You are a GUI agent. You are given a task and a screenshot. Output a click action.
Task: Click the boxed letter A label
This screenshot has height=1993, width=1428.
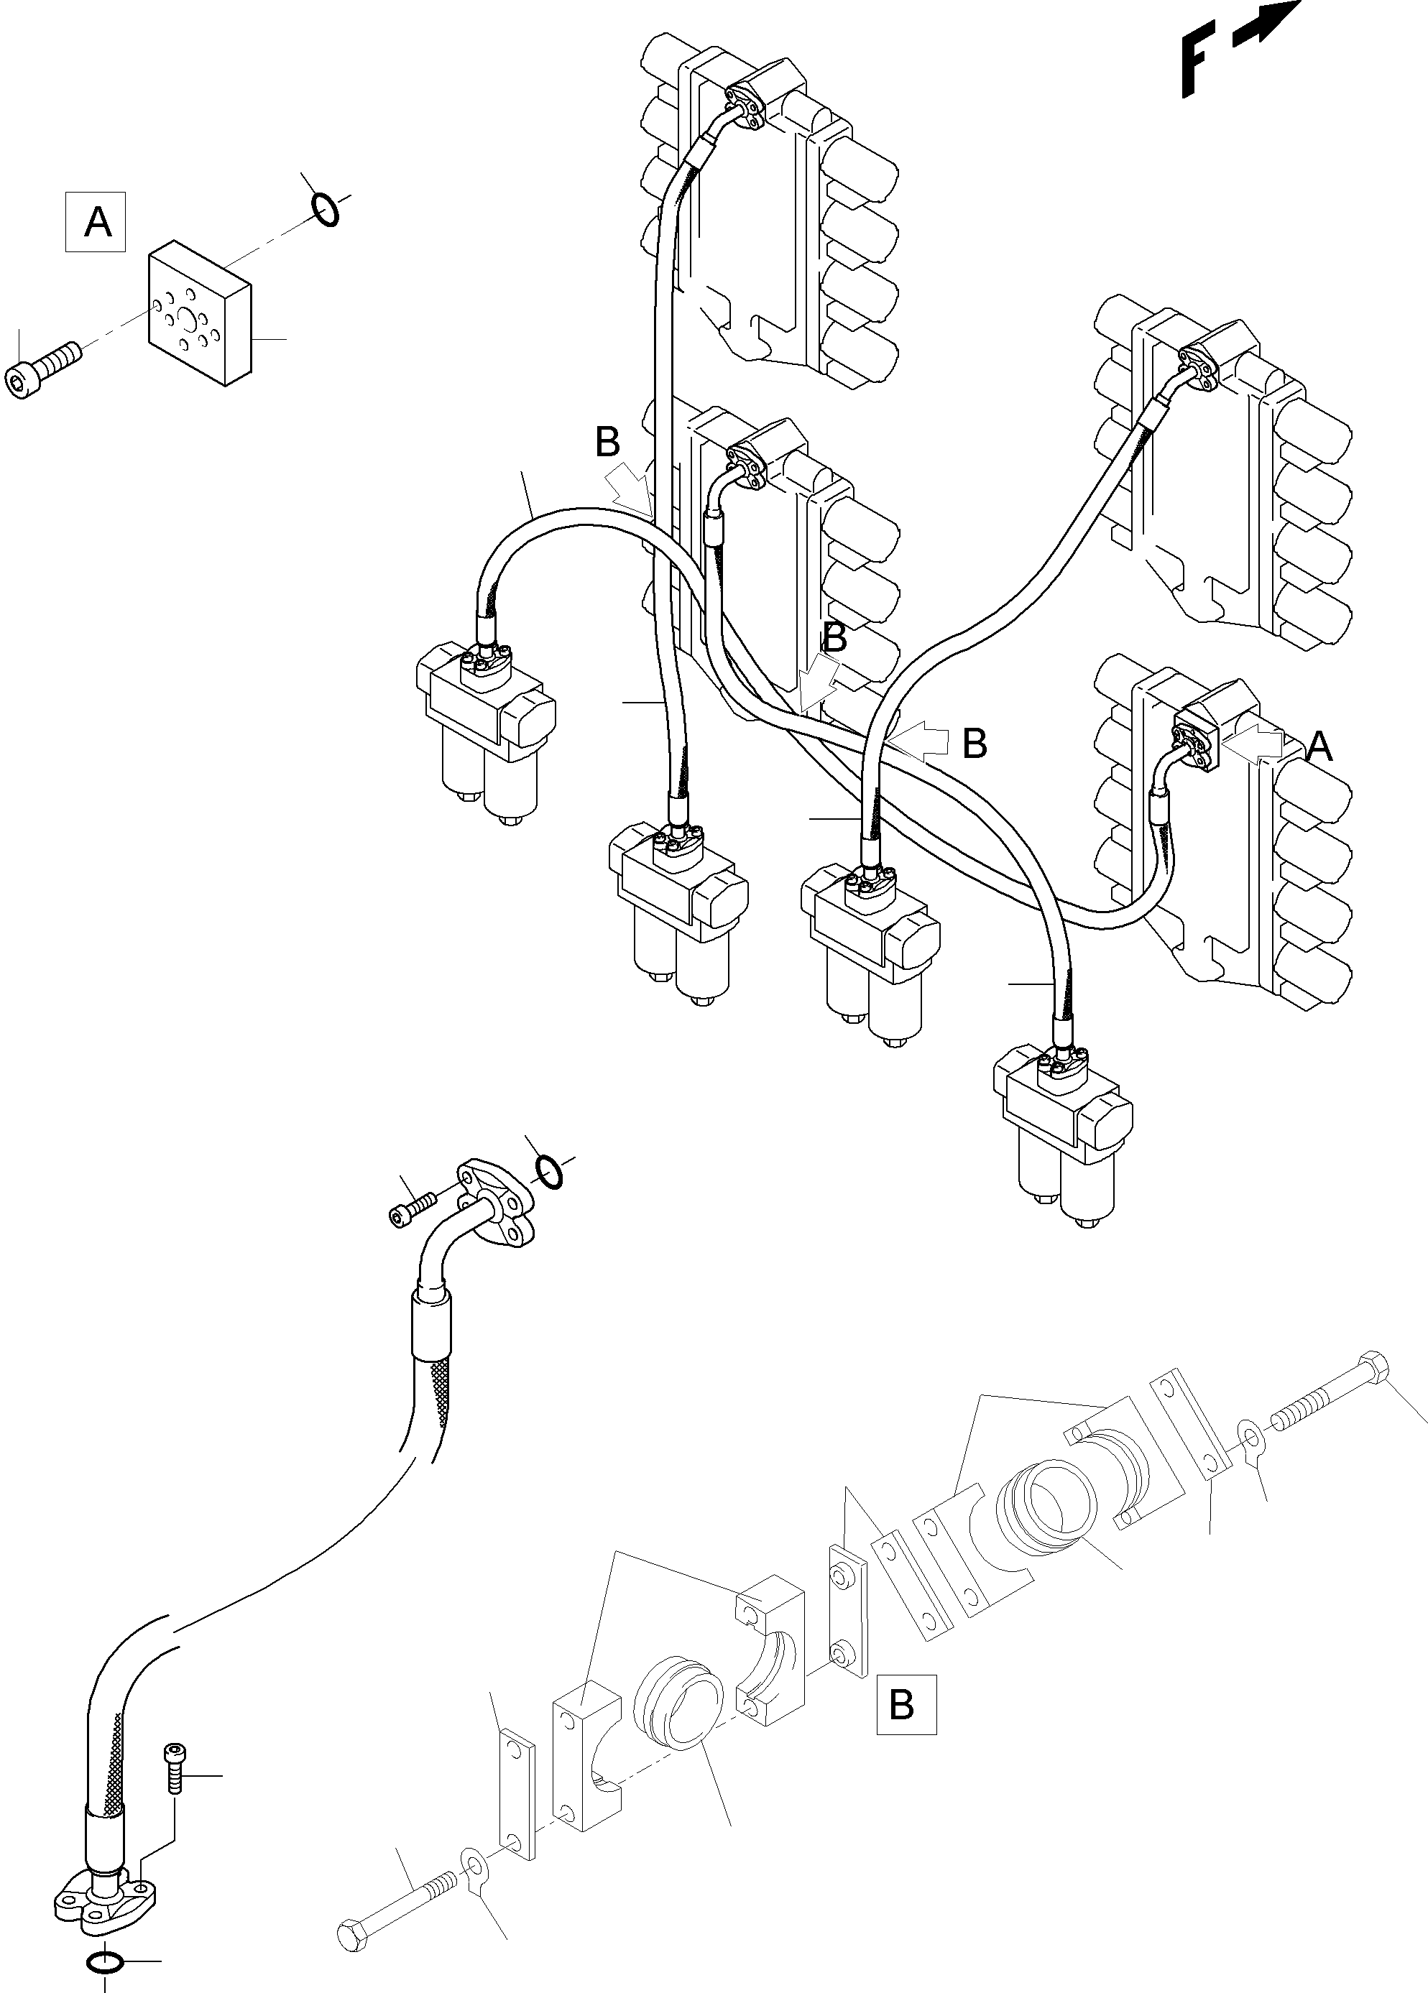point(96,221)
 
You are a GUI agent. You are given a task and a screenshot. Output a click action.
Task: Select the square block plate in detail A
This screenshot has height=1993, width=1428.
point(201,315)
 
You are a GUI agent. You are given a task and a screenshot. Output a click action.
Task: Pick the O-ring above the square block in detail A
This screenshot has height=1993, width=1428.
point(325,210)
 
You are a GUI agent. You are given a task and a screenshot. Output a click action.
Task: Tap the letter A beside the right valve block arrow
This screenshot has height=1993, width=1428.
point(1319,748)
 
